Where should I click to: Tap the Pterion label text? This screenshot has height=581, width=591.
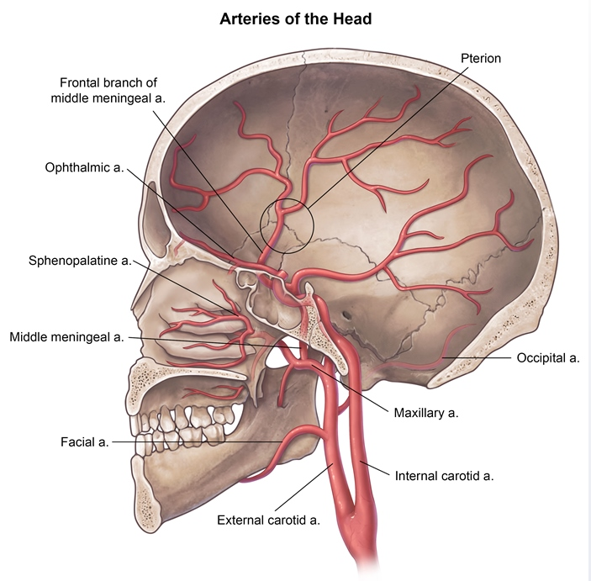pyautogui.click(x=480, y=57)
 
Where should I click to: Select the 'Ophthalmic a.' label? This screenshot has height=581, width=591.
pyautogui.click(x=84, y=167)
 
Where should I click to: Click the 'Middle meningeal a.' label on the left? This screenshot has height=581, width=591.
pyautogui.click(x=67, y=337)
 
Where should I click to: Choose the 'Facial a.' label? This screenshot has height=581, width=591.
pyautogui.click(x=85, y=441)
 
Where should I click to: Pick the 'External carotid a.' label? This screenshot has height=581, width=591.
pyautogui.click(x=269, y=520)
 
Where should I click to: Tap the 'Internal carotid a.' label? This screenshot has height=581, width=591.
pyautogui.click(x=443, y=475)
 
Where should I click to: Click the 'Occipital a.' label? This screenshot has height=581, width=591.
pyautogui.click(x=546, y=357)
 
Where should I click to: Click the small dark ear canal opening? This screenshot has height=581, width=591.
pyautogui.click(x=346, y=316)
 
